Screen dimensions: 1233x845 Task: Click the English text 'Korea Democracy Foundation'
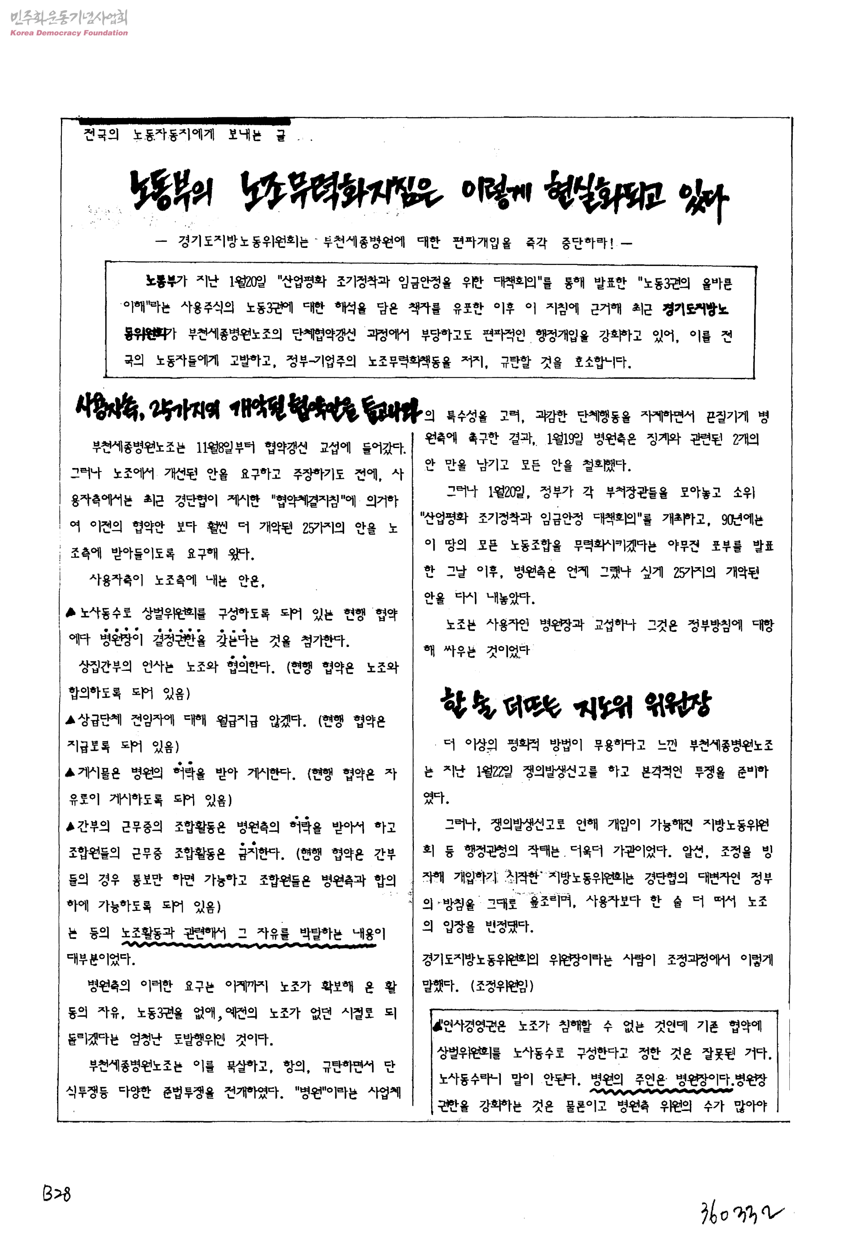coord(69,33)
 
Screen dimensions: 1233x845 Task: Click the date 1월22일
coord(494,771)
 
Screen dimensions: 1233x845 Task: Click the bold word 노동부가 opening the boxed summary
coord(166,281)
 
